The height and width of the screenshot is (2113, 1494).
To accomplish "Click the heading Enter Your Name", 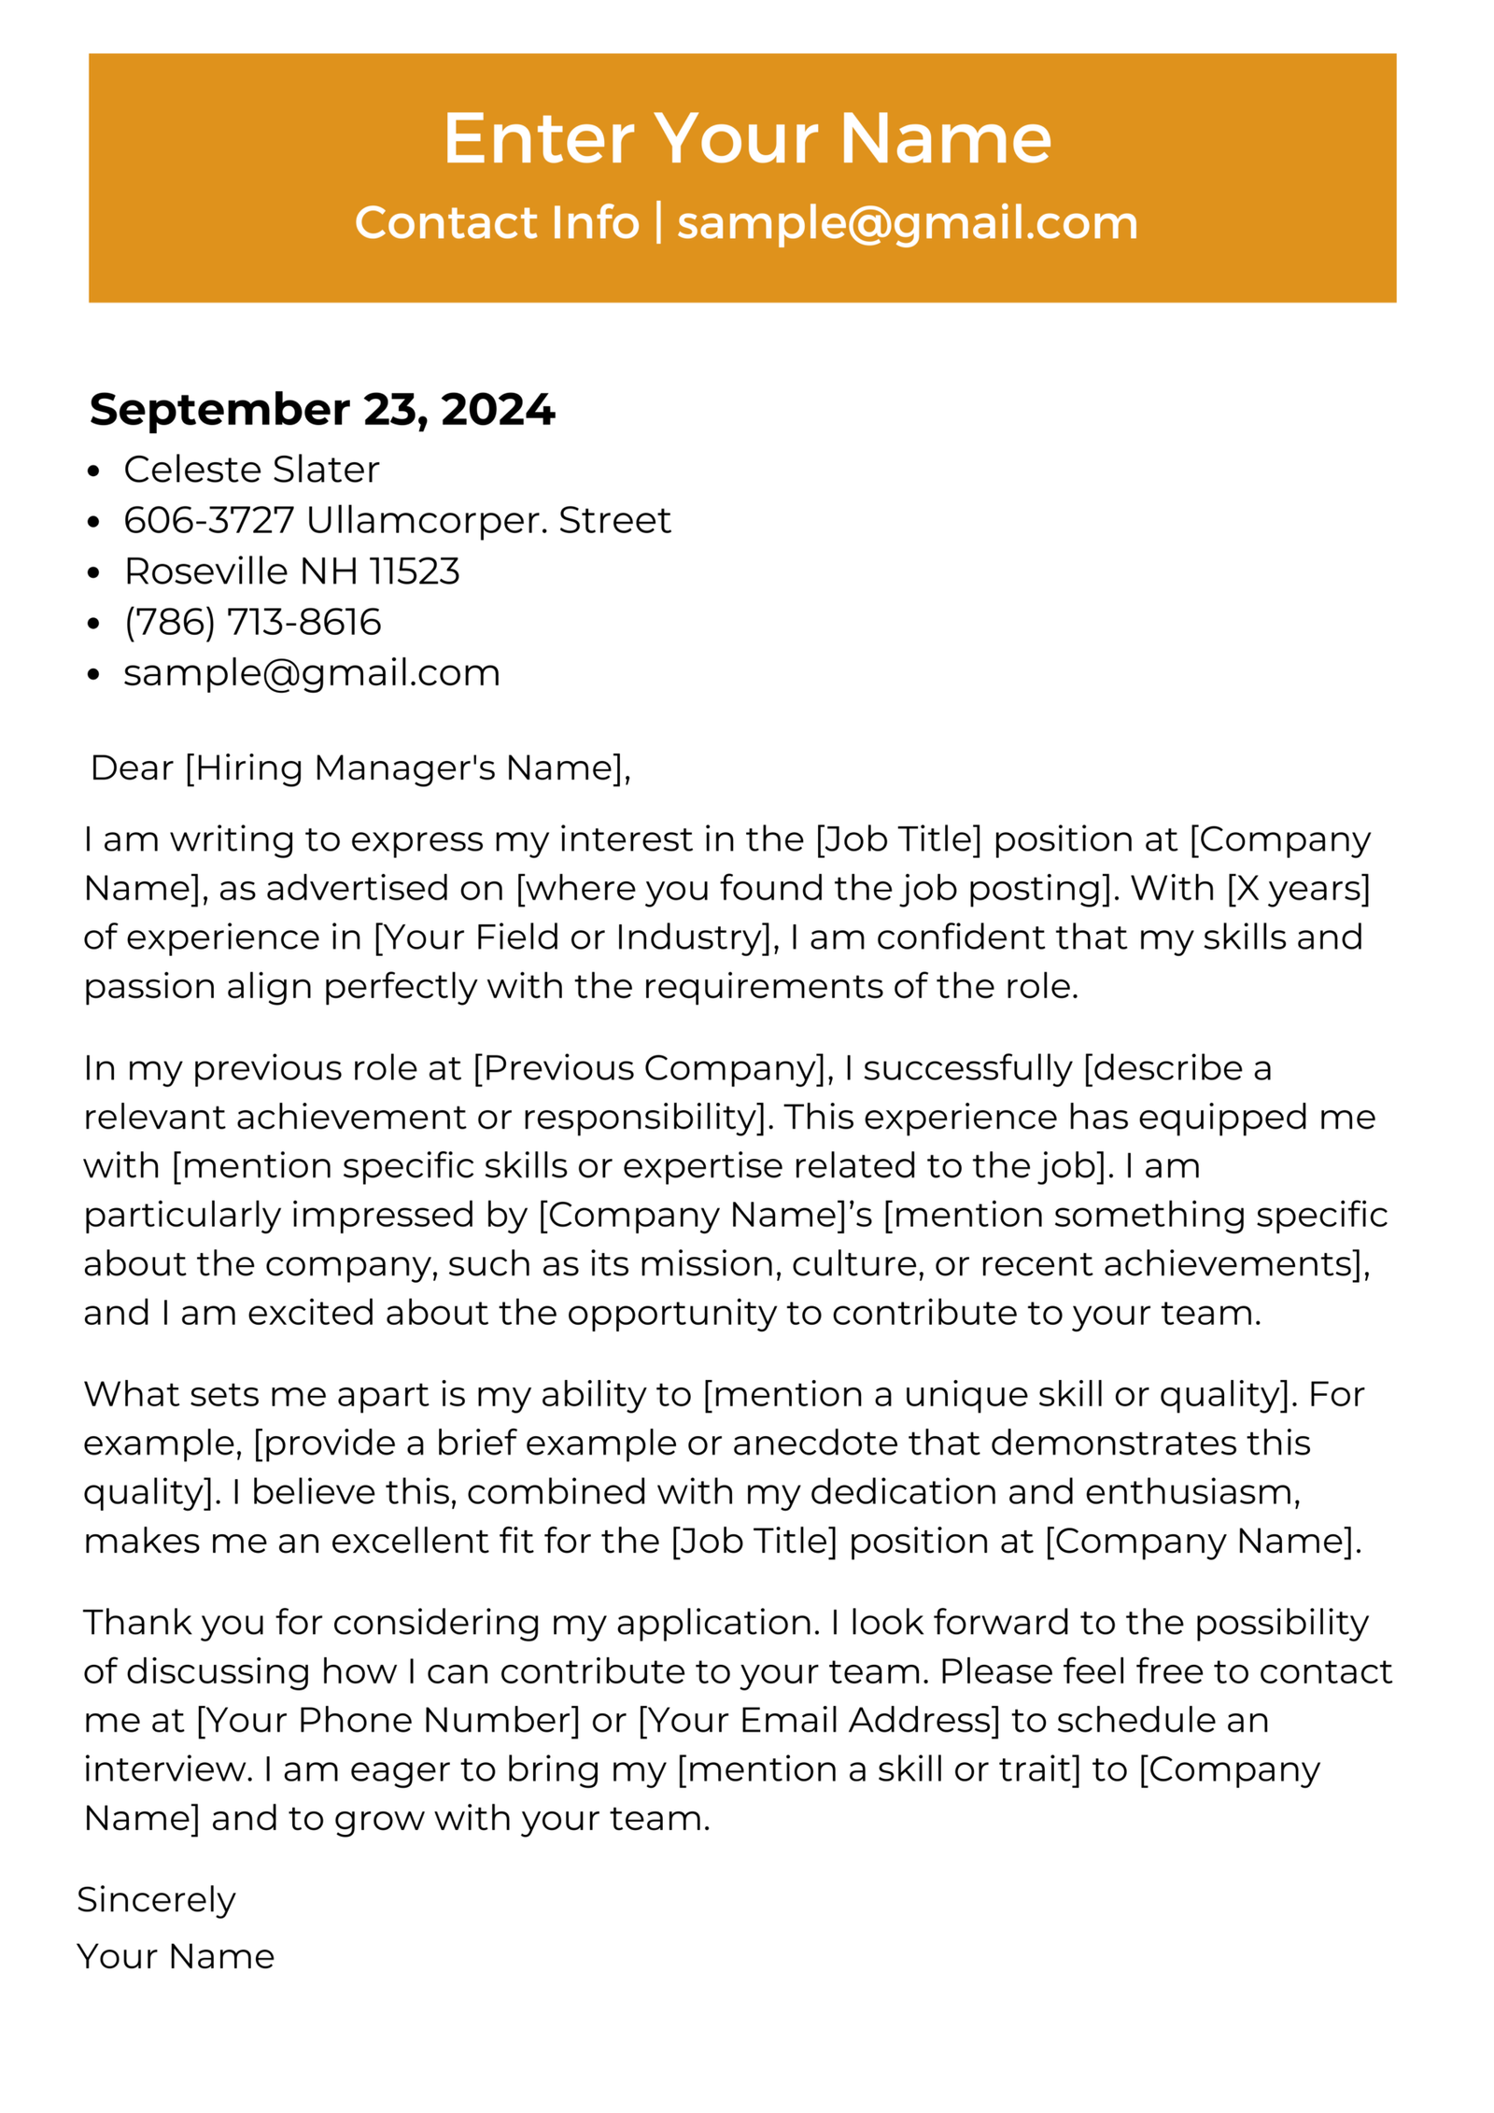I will click(x=747, y=138).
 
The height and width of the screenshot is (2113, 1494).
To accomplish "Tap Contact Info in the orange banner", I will click(x=496, y=223).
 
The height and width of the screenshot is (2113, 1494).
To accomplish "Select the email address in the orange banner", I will click(x=907, y=223).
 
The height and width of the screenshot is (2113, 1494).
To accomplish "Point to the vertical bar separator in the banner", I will click(x=658, y=222).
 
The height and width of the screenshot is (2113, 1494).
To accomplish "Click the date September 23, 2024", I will click(x=322, y=409).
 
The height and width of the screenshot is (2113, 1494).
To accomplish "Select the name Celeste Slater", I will click(x=251, y=469).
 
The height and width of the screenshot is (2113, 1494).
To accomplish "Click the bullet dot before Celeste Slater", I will click(x=92, y=472).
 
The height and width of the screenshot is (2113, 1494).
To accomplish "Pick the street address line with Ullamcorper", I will click(x=397, y=520).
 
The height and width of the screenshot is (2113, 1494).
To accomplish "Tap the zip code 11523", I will click(x=414, y=571).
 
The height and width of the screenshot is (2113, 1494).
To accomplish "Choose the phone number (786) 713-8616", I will click(x=252, y=622).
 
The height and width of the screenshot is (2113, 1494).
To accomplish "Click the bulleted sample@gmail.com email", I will click(x=312, y=672).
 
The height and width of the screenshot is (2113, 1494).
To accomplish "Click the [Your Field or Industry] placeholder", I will click(x=573, y=937).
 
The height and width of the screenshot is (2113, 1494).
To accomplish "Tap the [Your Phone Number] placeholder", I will click(x=388, y=1720).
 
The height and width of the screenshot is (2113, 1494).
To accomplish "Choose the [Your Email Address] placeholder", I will click(x=818, y=1720).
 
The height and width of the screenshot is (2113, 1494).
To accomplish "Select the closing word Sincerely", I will click(x=156, y=1900).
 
